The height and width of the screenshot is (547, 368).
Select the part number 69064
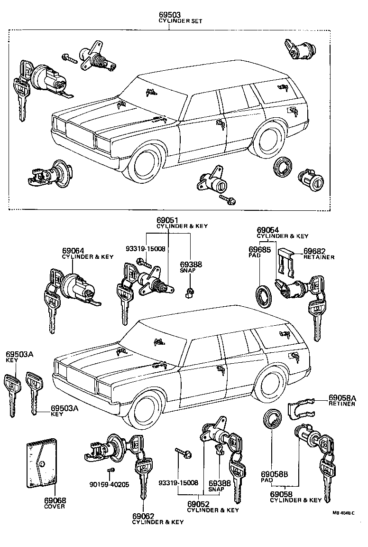coord(73,250)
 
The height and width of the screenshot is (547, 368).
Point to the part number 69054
coord(268,229)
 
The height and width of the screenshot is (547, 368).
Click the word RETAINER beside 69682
coord(319,257)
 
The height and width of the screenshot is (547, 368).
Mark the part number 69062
coord(144,515)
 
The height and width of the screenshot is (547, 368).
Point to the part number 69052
coord(199,504)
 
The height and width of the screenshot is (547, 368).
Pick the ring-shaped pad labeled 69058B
coord(272,421)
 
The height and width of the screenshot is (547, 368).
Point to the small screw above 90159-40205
coord(110,470)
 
